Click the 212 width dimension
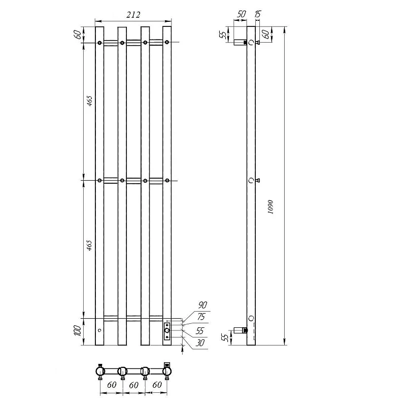pyautogui.click(x=133, y=15)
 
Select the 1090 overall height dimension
pyautogui.click(x=270, y=207)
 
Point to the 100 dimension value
pyautogui.click(x=78, y=331)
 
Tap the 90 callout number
pyautogui.click(x=202, y=305)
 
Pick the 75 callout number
pyautogui.click(x=201, y=316)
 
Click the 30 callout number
pyautogui.click(x=200, y=343)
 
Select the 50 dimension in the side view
pyautogui.click(x=241, y=14)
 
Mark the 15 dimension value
pyautogui.click(x=258, y=14)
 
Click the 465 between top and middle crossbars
pyautogui.click(x=89, y=101)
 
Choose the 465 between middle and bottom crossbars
pyautogui.click(x=89, y=245)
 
